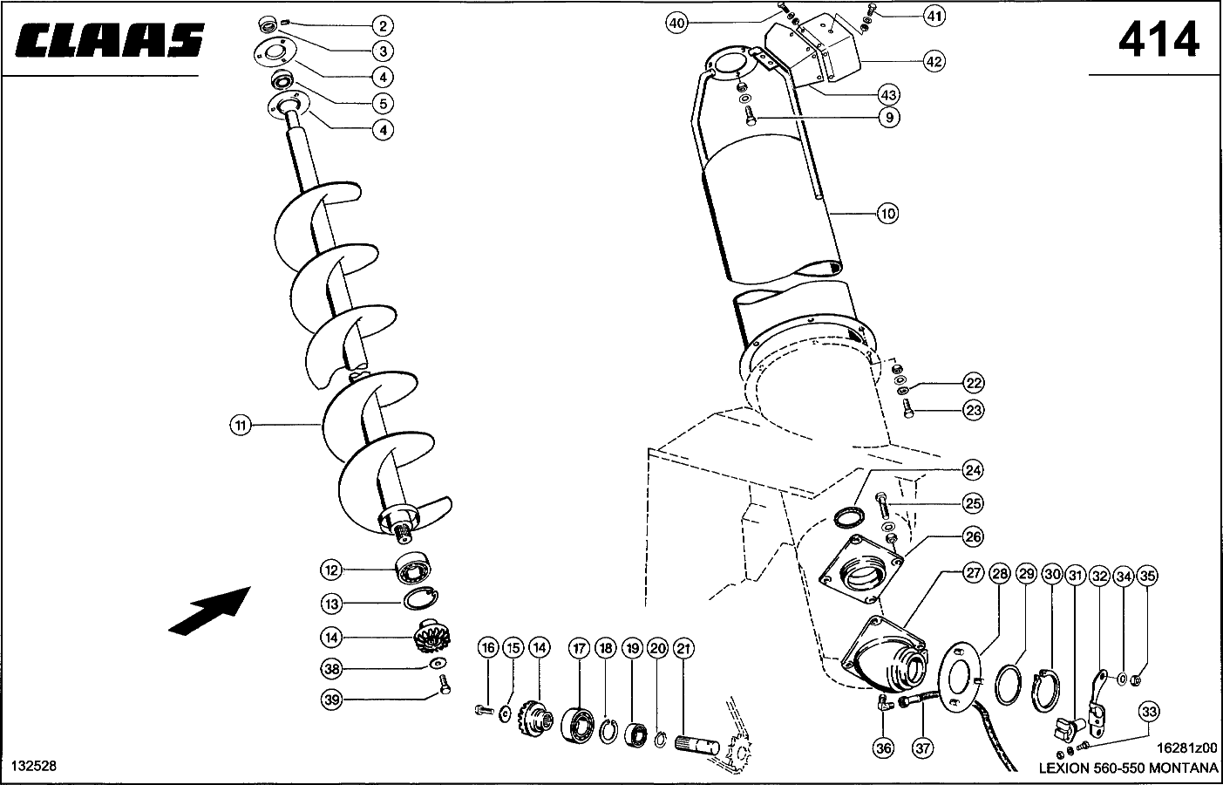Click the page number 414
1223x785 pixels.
[x=1158, y=40]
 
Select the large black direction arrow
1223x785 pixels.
[x=208, y=609]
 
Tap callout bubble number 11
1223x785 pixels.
[x=241, y=426]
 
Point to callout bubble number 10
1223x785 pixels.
[x=887, y=213]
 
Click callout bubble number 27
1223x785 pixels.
[x=973, y=573]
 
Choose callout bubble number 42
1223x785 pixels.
[x=934, y=61]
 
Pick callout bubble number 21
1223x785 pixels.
[x=684, y=648]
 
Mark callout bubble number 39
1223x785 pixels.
[x=330, y=699]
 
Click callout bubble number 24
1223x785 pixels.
[x=973, y=471]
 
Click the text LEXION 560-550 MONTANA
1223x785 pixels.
[x=1127, y=768]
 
